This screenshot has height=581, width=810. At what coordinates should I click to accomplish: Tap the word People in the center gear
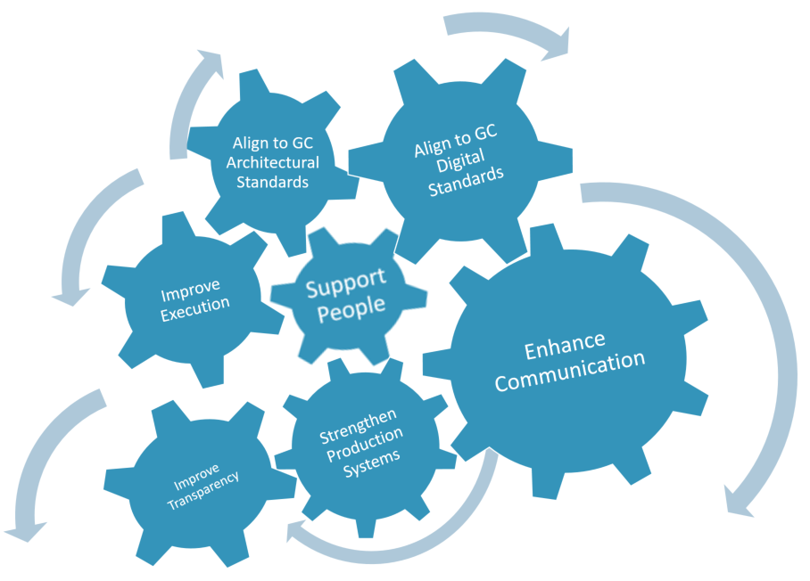click(354, 306)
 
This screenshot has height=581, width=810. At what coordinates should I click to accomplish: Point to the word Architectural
click(272, 162)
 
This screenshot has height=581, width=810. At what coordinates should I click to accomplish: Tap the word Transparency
click(203, 484)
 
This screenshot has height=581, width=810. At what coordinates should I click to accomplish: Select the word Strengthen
click(358, 424)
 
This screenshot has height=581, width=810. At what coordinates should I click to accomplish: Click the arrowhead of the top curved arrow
click(555, 45)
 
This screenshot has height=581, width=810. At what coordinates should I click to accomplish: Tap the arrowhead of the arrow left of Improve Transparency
click(24, 531)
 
